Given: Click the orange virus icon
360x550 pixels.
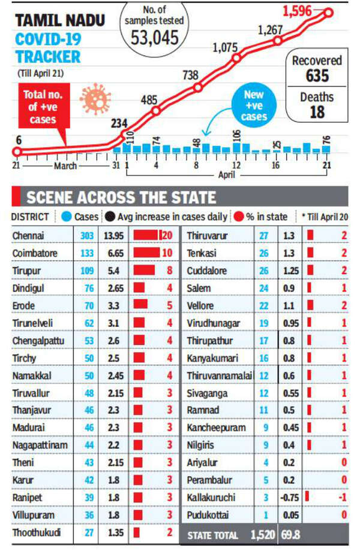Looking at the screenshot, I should click(x=95, y=98).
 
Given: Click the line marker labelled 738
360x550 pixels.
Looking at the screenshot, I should click(x=198, y=87).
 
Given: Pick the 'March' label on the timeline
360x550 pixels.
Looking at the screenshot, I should click(x=66, y=166).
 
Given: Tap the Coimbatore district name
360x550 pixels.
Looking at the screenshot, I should click(x=34, y=253).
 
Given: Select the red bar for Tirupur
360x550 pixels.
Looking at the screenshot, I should click(x=144, y=271).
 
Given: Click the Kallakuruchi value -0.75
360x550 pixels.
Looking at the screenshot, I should click(x=291, y=497).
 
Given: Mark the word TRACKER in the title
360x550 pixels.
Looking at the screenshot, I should click(x=47, y=58).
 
